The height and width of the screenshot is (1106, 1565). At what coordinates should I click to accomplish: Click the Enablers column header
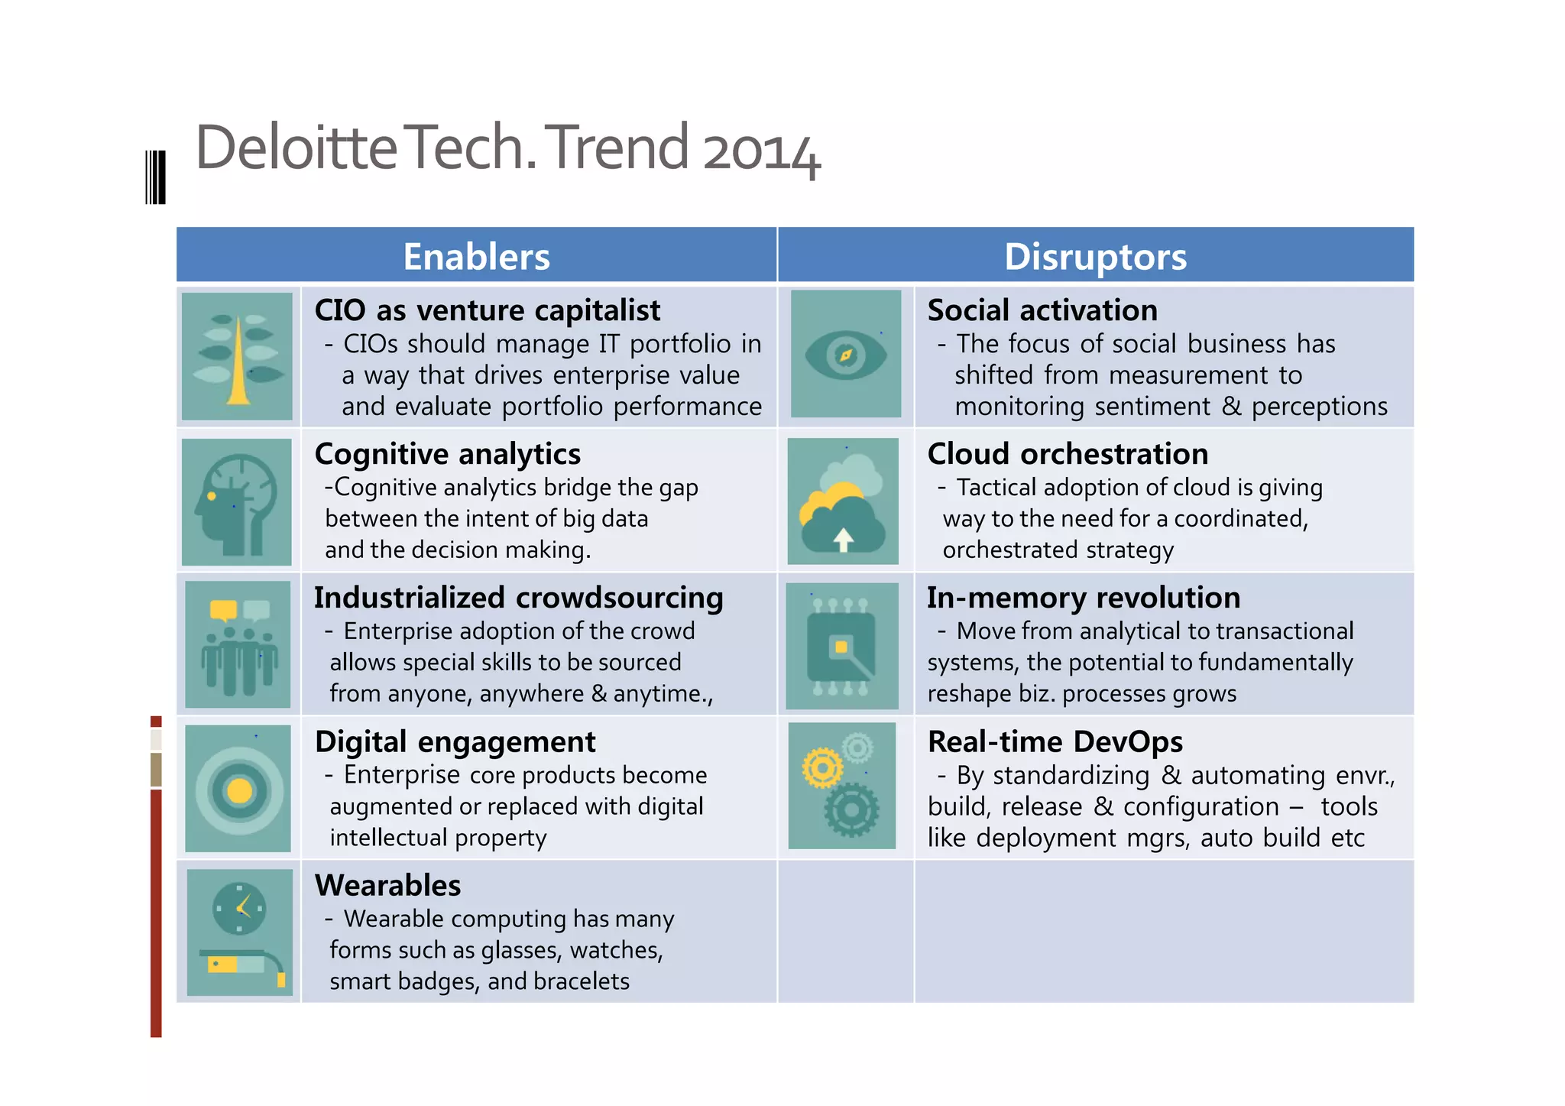point(476,257)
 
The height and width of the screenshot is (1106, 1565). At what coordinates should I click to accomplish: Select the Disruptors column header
point(1095,257)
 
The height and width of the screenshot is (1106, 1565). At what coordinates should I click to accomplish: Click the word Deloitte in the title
point(296,147)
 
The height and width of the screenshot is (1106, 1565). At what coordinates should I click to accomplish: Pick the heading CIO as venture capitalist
point(488,310)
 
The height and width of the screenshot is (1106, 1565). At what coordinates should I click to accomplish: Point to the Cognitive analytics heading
point(448,454)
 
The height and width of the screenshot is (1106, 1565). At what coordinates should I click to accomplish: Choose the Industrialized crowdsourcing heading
point(519,598)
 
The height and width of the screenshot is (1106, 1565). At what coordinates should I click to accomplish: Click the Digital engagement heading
point(455,741)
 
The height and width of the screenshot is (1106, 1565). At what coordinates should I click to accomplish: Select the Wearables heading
point(388,885)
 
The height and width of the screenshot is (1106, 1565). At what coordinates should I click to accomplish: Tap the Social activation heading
point(1042,310)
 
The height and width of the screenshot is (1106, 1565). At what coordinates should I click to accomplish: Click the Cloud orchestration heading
point(1068,454)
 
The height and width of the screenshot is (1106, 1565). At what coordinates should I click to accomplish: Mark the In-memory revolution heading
point(1084,598)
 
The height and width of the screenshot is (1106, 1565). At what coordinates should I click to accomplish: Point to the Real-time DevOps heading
point(1055,741)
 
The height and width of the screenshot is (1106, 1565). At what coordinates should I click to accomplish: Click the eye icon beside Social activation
point(845,355)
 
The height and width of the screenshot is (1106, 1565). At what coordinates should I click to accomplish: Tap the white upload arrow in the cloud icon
point(843,539)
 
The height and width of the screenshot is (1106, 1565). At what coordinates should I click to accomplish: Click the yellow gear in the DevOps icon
point(822,767)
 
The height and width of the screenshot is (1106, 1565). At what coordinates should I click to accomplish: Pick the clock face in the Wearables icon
point(239,908)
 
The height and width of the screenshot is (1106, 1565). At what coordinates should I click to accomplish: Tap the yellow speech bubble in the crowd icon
point(223,609)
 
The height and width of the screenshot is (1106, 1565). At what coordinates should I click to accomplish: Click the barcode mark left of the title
point(156,177)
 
